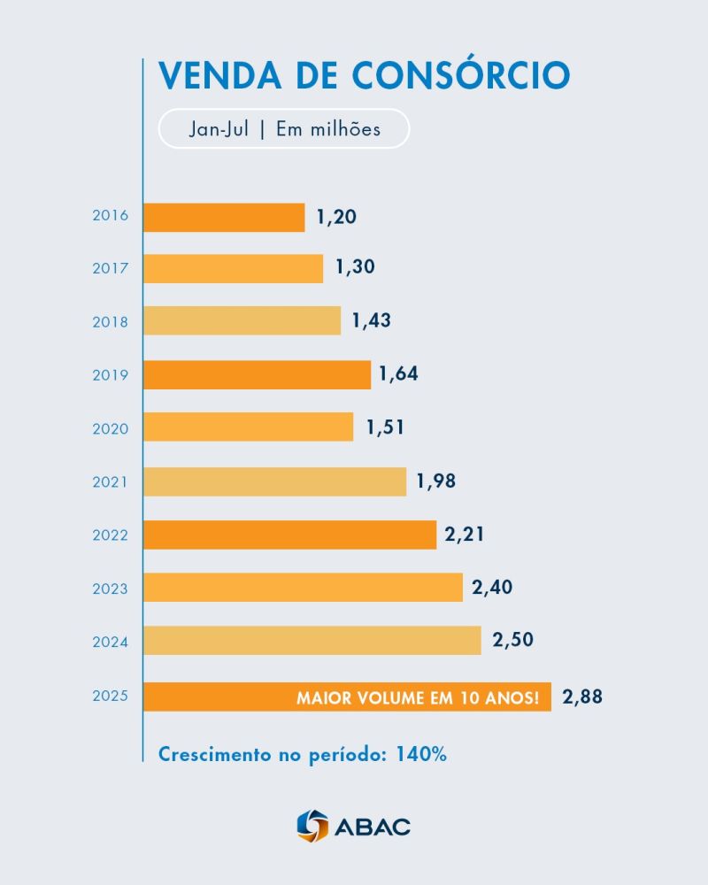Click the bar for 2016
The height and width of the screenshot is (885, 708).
(224, 217)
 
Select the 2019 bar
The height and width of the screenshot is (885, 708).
(257, 374)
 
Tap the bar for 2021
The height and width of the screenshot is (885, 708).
(274, 481)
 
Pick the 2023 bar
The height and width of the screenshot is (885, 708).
(303, 588)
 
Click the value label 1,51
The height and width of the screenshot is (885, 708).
(385, 427)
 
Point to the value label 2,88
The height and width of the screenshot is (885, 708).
(582, 696)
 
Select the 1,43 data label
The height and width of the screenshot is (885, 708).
(371, 321)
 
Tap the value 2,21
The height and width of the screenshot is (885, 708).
(466, 535)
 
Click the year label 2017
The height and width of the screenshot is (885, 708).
(111, 268)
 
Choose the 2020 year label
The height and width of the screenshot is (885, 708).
(111, 428)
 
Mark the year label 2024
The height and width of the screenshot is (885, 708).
(111, 642)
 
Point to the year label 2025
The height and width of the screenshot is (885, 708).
(111, 696)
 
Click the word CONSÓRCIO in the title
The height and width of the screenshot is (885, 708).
(460, 75)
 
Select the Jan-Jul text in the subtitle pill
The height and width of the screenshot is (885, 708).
(219, 129)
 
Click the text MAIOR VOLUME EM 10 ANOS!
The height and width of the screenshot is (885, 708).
(418, 698)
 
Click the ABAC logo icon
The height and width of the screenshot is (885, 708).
(312, 826)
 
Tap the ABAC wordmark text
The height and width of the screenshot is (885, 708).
(373, 827)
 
